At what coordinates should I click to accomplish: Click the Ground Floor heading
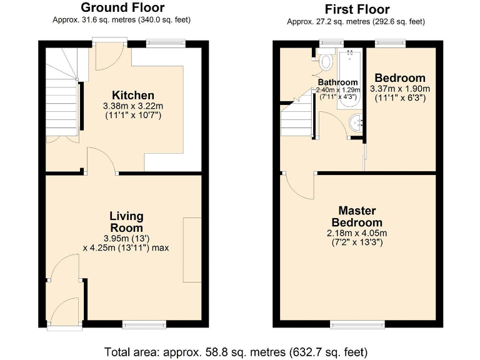pyautogui.click(x=122, y=8)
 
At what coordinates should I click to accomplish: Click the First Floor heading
pyautogui.click(x=356, y=9)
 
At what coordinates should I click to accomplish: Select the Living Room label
pyautogui.click(x=127, y=221)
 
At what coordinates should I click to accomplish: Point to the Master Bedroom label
pyautogui.click(x=356, y=216)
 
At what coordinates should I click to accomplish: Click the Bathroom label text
pyautogui.click(x=337, y=82)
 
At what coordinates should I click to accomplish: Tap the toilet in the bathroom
pyautogui.click(x=326, y=61)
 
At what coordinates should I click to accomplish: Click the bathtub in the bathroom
pyautogui.click(x=350, y=78)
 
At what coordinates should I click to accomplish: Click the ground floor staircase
pyautogui.click(x=61, y=94)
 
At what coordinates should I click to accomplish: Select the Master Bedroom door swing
pyautogui.click(x=298, y=186)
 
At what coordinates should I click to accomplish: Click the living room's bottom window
pyautogui.click(x=144, y=324)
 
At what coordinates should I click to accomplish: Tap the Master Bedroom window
pyautogui.click(x=357, y=324)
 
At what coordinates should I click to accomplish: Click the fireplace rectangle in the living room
pyautogui.click(x=192, y=250)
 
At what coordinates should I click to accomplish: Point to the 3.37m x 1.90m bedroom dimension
pyautogui.click(x=400, y=89)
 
